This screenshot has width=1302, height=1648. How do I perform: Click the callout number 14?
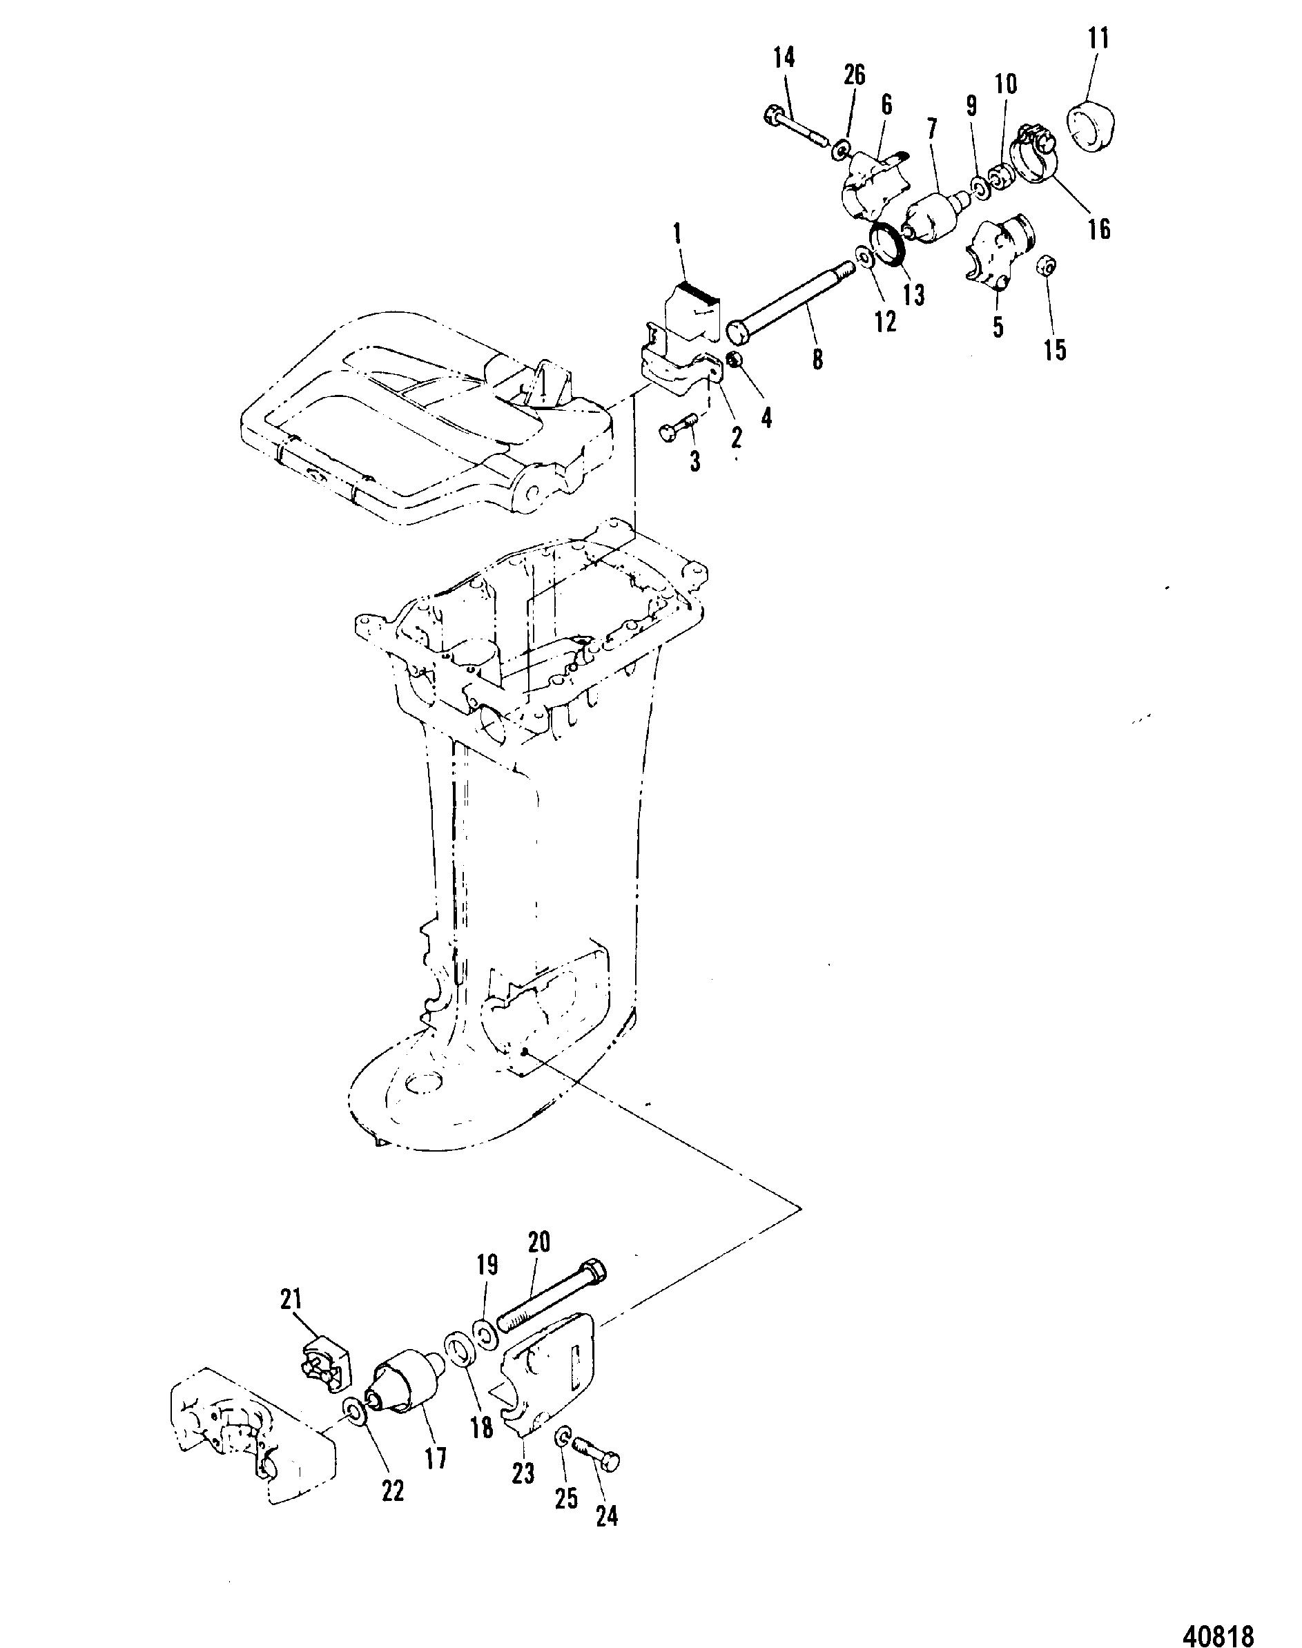(x=784, y=57)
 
